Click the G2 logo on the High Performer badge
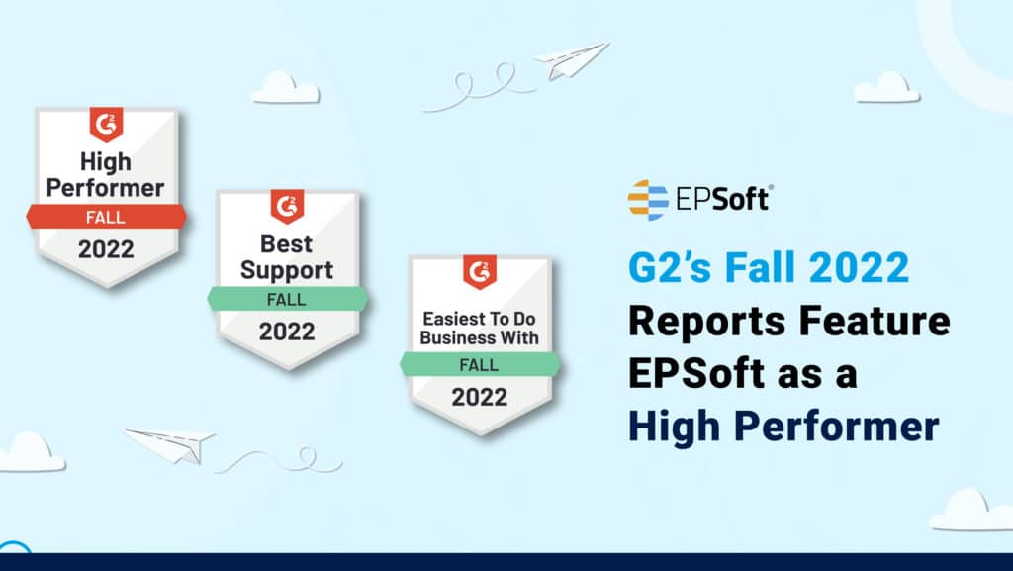[x=106, y=125]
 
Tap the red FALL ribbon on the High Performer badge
[x=107, y=217]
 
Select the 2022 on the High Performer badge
[x=106, y=249]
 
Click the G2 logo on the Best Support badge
[x=287, y=207]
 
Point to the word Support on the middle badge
[x=287, y=270]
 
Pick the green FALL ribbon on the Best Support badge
[x=288, y=299]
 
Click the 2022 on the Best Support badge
[x=287, y=332]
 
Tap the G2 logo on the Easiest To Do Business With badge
[x=480, y=272]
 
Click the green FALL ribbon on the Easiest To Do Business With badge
[x=480, y=364]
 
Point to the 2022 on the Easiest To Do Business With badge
[x=480, y=397]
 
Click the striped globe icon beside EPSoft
[x=648, y=200]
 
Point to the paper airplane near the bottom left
[x=169, y=444]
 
